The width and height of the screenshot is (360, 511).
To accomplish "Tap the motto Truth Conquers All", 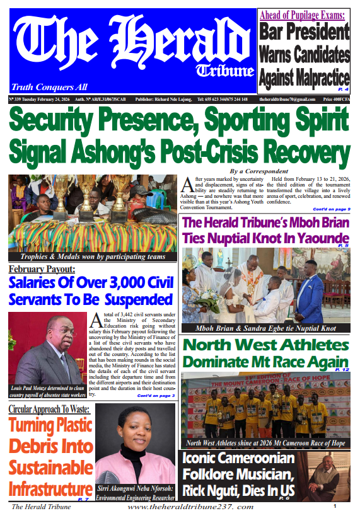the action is (49, 87).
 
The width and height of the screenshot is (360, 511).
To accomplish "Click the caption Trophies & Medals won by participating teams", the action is (93, 256).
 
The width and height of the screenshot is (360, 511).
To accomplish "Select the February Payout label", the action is (42, 270).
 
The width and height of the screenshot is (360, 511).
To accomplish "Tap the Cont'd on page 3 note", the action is (156, 395).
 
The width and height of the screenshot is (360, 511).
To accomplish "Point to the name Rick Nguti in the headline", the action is (219, 490).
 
